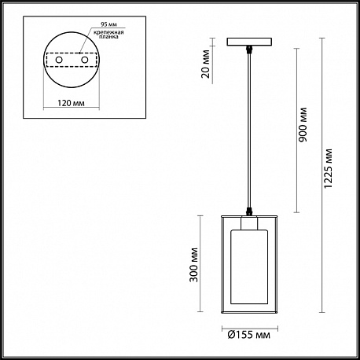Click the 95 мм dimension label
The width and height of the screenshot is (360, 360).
coord(108,24)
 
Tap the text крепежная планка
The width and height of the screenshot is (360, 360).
coord(111,35)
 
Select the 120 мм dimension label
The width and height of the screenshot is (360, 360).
coord(71,103)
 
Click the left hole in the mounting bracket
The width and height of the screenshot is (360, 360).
coord(59,60)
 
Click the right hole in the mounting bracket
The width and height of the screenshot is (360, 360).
coord(84,60)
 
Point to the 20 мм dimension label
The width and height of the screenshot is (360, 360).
coord(206,64)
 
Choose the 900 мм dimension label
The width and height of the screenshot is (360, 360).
coord(303,125)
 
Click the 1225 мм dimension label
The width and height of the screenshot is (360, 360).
coord(328,169)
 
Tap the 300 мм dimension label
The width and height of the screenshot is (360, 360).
coord(193,265)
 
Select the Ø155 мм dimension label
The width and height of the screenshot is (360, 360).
coord(249,335)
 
